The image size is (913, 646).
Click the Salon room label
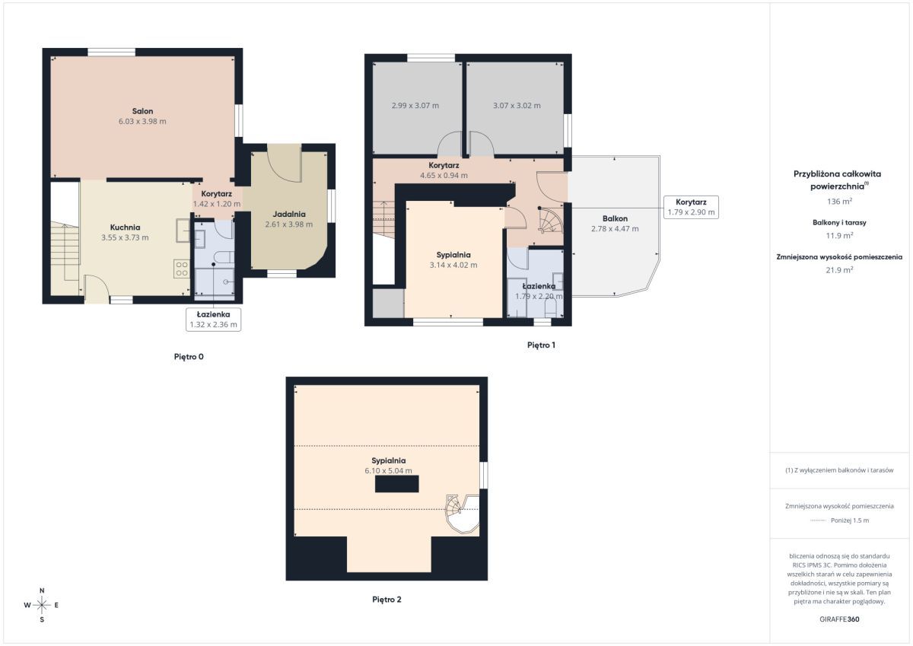coord(142,111)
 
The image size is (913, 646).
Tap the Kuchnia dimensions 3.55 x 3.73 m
coord(125,237)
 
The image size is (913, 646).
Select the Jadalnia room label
coord(289,214)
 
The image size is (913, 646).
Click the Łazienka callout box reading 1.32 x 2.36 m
coord(213,320)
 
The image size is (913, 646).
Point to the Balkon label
coord(615,218)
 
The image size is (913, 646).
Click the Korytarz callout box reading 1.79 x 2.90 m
coord(691,207)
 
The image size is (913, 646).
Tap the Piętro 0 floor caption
coord(189,357)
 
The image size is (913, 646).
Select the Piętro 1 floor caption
coord(541,345)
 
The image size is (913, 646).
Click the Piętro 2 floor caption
coord(387,599)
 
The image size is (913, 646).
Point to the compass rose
coord(42,605)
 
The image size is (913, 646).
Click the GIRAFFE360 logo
coord(839,619)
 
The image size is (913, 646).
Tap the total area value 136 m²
coord(839,202)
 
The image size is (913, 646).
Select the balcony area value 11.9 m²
coord(839,236)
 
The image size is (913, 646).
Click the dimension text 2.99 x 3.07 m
coord(415,106)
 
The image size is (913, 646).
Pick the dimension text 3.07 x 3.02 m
coord(517,106)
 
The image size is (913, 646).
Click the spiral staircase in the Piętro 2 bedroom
coord(463,513)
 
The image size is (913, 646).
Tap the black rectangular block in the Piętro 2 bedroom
coord(396,484)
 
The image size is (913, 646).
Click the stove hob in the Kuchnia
coord(182,269)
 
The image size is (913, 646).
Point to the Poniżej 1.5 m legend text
coord(850,520)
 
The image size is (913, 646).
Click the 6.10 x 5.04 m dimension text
coord(389,471)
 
